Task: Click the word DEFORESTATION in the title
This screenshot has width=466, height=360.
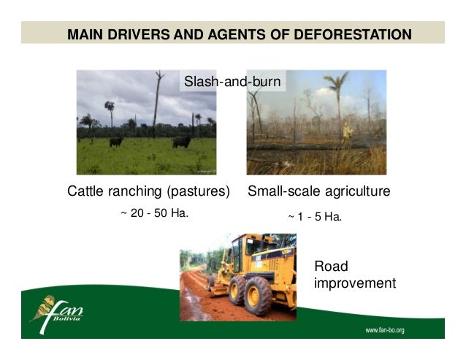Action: (349, 34)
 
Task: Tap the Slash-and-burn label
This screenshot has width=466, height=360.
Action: (232, 81)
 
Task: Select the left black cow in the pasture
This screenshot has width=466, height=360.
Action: (116, 142)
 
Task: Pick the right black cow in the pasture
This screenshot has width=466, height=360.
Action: (181, 141)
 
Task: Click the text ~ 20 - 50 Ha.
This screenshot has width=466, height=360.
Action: (149, 214)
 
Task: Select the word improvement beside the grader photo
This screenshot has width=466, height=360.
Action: (354, 283)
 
